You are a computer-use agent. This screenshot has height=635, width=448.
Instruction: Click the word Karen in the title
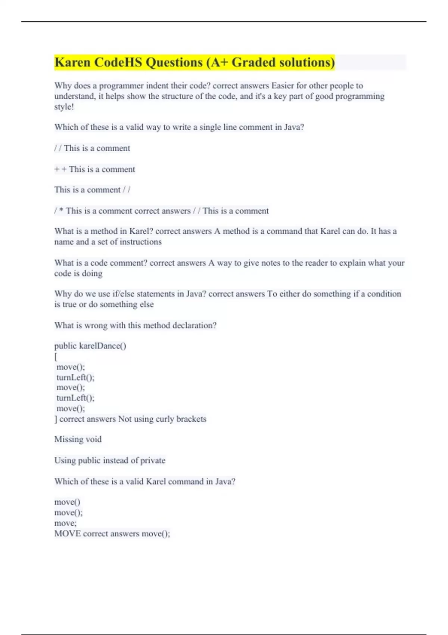(72, 62)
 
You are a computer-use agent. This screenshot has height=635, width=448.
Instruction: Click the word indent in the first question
(157, 86)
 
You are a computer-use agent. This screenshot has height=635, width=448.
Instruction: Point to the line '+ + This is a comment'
(95, 169)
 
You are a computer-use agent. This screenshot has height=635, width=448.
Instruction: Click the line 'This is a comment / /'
(92, 190)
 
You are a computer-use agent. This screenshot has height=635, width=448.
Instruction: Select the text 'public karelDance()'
(90, 346)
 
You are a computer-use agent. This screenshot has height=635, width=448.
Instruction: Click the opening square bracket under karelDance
(56, 357)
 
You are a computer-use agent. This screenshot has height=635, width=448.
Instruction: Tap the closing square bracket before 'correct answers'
(56, 419)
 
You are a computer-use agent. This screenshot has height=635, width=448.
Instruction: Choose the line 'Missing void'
(78, 439)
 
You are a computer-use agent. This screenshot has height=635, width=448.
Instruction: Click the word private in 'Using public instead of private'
(152, 460)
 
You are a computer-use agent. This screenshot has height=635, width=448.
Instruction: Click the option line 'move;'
(65, 523)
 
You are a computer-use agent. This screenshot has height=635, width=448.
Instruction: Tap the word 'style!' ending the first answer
(64, 107)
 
